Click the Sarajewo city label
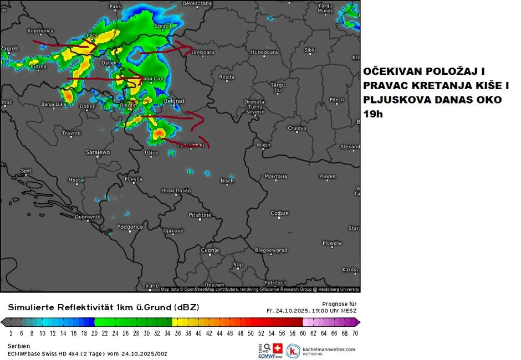point(98,152)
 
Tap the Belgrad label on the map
point(174,101)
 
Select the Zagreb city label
point(9,49)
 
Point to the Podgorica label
point(130,227)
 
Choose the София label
point(280,213)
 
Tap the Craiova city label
point(297,128)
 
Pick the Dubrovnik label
point(88,217)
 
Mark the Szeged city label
point(163,26)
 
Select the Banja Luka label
point(54,104)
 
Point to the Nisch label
point(227,181)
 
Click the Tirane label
point(150,286)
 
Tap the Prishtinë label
point(200,215)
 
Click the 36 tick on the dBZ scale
point(178,333)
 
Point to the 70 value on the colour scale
point(354,333)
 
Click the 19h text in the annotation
point(372,114)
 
